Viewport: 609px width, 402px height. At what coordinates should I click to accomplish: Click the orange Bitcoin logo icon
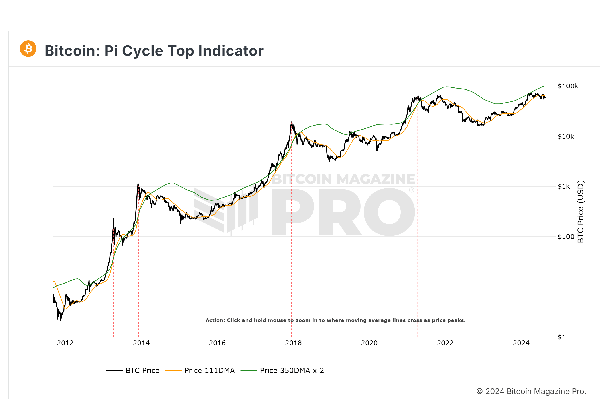pos(28,49)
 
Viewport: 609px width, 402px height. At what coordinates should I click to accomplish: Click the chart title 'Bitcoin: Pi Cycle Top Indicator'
pos(154,51)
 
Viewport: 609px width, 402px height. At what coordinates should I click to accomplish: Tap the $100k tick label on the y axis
pos(568,86)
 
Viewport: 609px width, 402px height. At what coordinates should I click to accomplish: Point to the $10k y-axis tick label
pos(566,136)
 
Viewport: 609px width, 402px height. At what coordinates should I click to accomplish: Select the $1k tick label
pos(564,186)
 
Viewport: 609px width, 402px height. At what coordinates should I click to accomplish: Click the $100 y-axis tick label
pos(566,237)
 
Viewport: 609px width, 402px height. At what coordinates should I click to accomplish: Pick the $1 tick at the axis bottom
pos(562,337)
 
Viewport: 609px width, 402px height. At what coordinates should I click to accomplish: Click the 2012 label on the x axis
pos(65,343)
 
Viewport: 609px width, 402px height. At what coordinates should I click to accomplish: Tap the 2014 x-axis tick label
pos(141,343)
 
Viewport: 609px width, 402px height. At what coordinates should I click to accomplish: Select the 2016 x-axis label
pos(217,343)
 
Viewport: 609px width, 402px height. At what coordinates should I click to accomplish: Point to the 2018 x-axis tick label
pos(293,343)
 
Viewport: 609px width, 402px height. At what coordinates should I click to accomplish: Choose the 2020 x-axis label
pos(369,343)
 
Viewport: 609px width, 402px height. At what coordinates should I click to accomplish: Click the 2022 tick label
pos(445,343)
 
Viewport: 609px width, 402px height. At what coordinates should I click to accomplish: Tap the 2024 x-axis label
pos(521,343)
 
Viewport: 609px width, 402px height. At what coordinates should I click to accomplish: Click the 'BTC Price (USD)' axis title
pos(581,212)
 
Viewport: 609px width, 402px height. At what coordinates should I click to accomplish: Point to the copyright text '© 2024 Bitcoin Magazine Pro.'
pos(531,391)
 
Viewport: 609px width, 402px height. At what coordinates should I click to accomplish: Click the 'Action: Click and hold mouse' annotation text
pos(335,320)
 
